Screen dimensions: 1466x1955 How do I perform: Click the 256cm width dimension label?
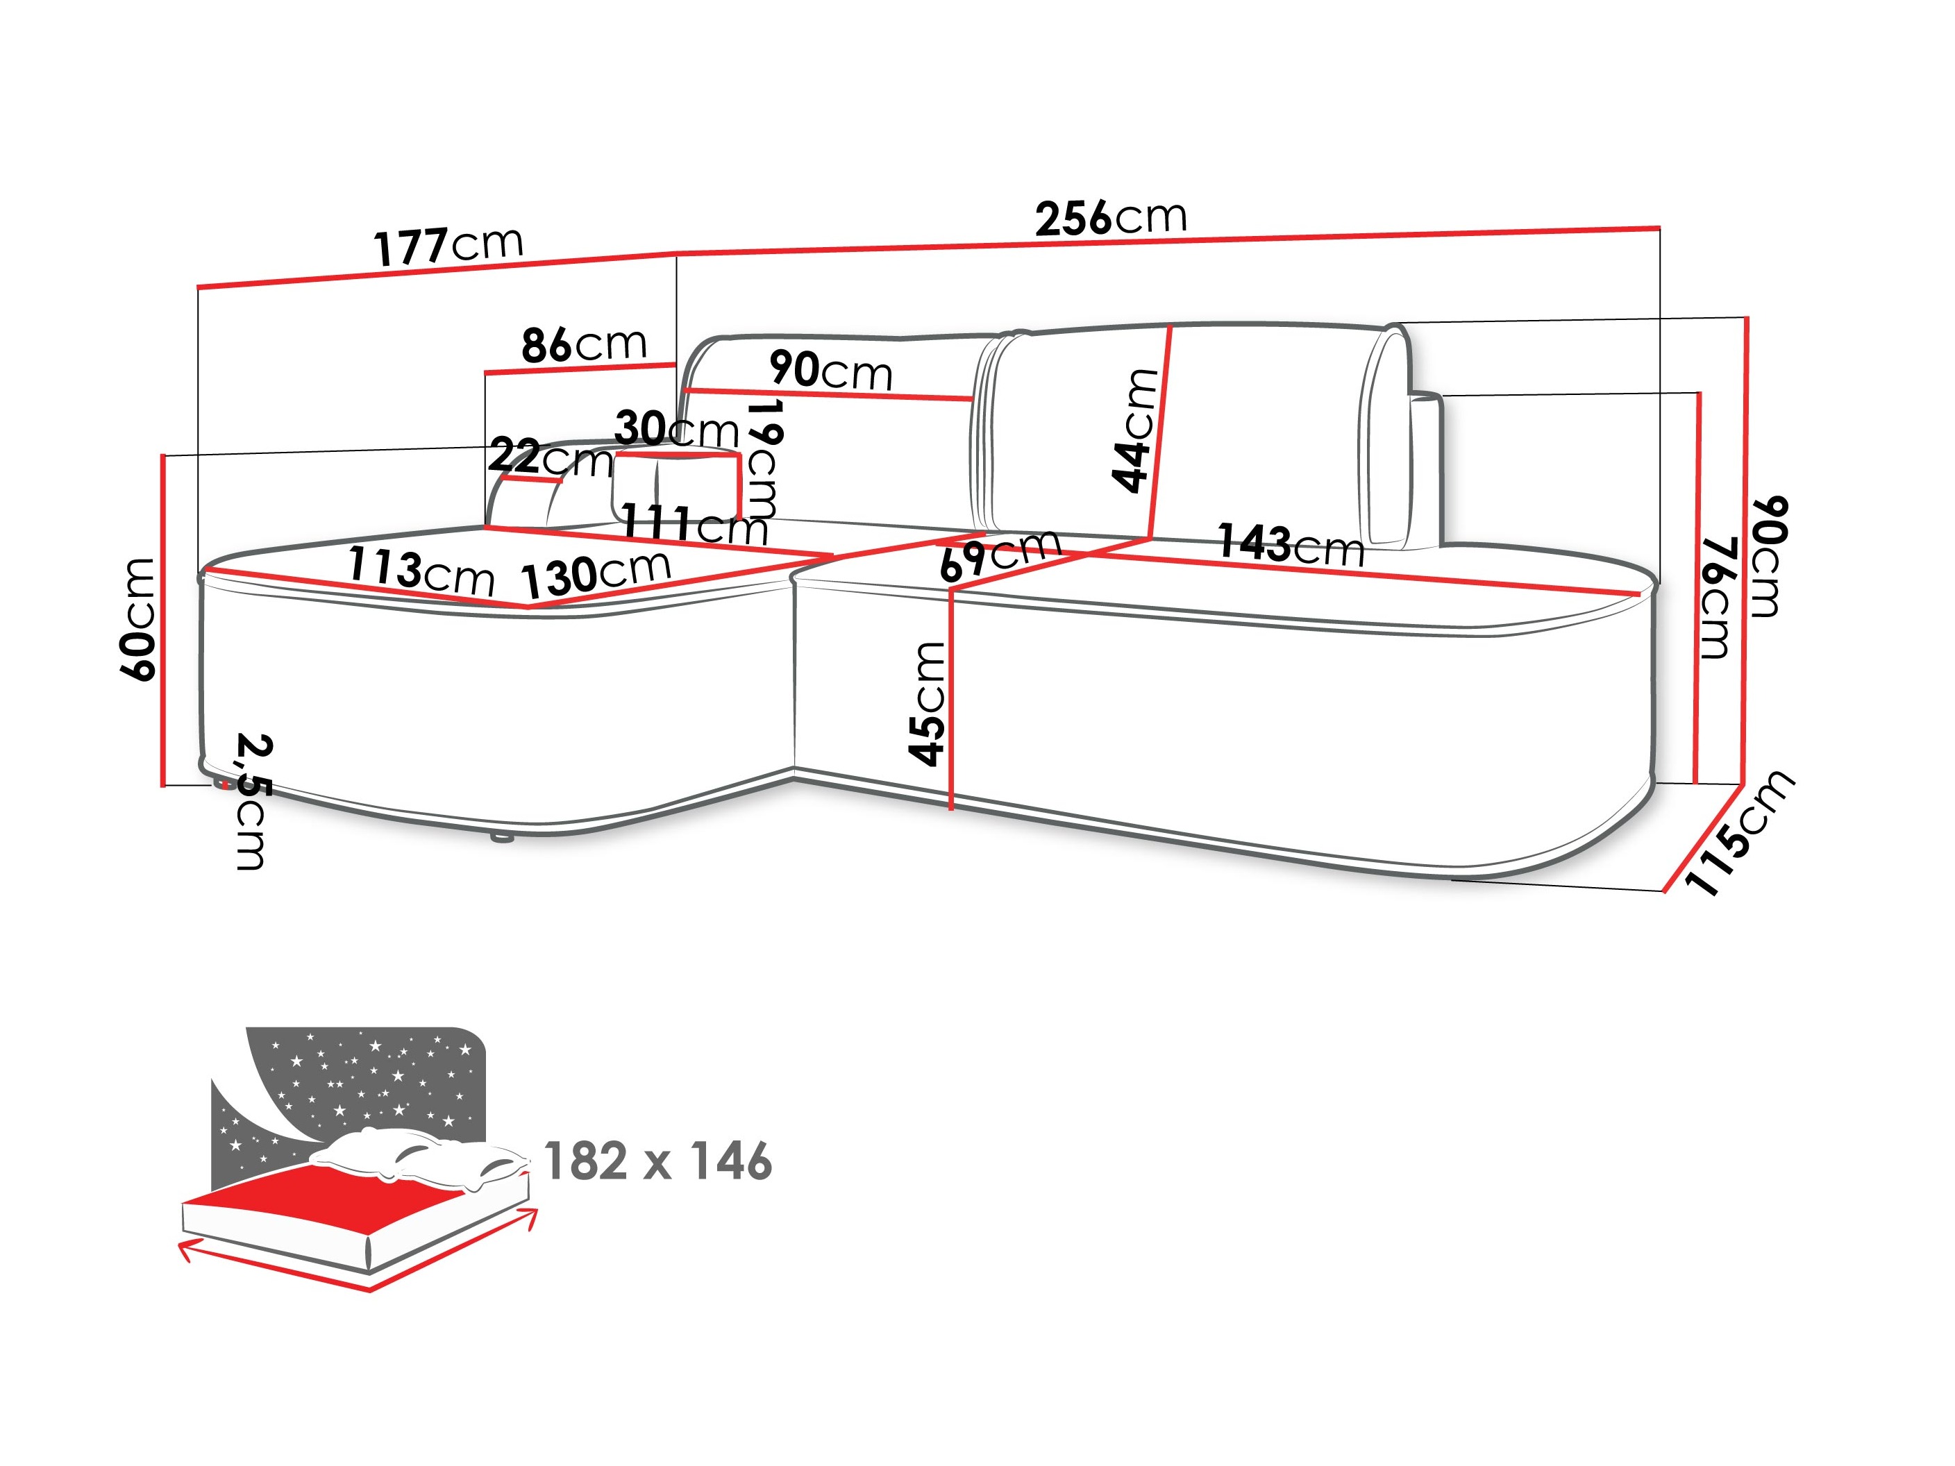[1110, 217]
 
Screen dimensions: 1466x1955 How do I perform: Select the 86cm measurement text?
[583, 344]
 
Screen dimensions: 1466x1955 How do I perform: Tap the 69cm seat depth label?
[999, 555]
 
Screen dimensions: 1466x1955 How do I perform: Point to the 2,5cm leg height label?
[252, 800]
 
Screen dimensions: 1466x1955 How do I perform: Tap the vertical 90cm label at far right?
[1768, 557]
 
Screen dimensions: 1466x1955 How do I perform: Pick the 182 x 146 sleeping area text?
[657, 1161]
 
